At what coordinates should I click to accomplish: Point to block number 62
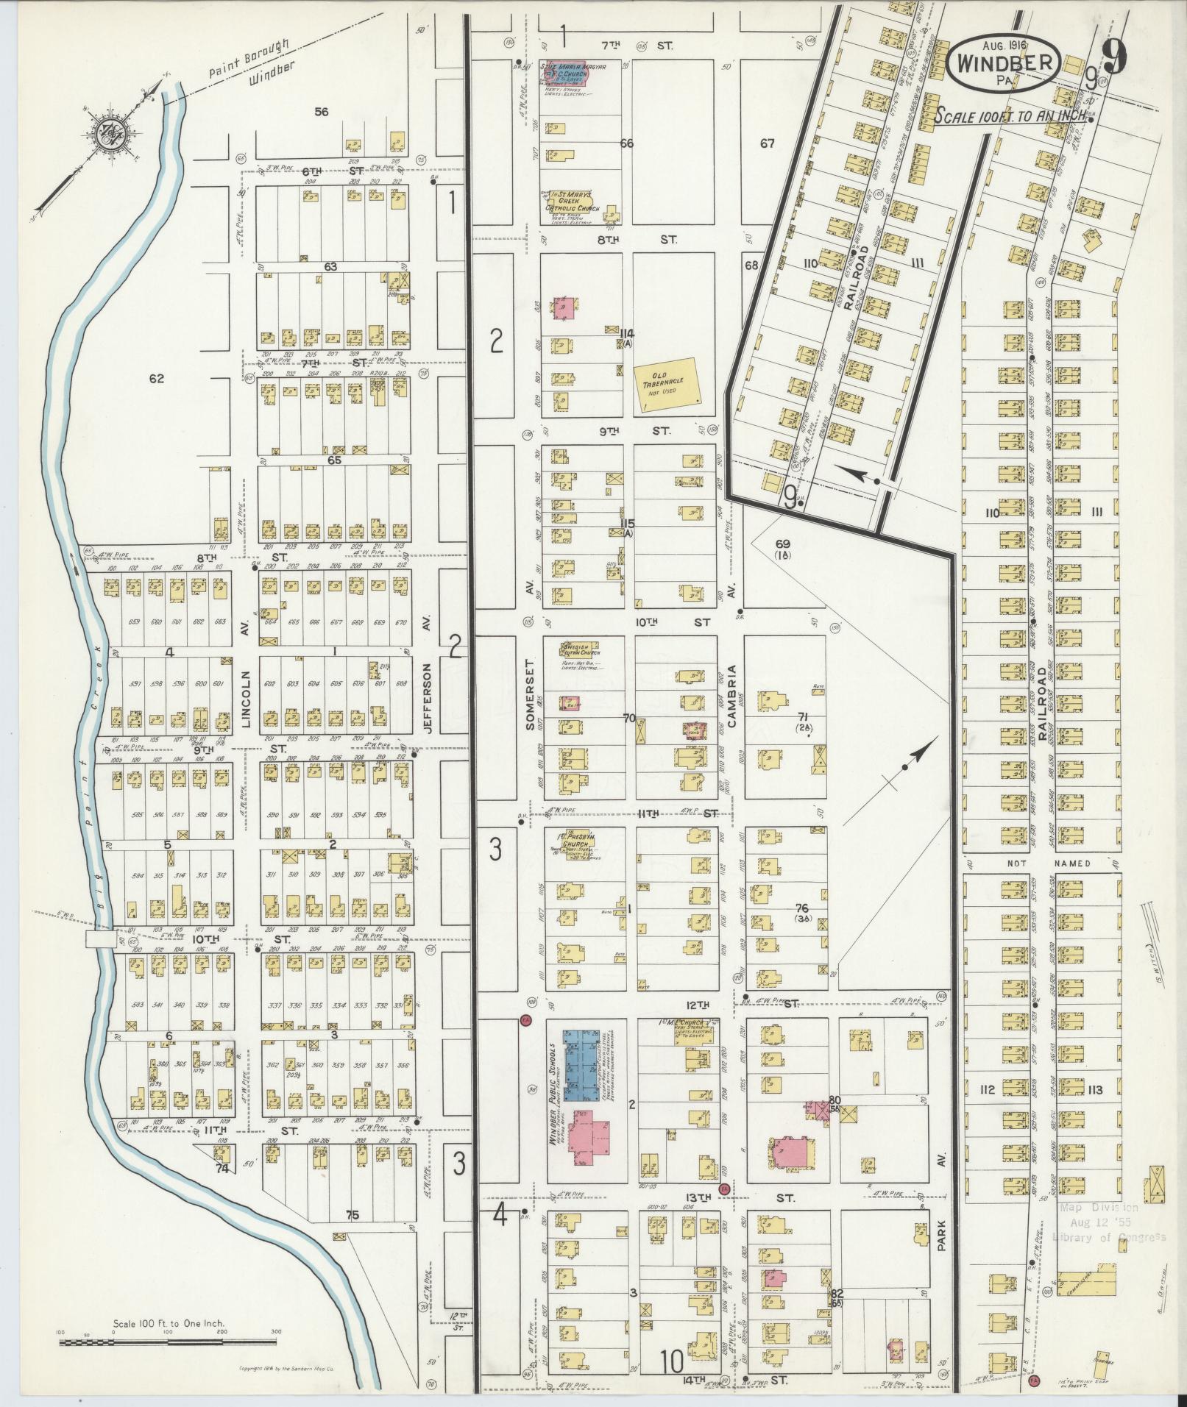click(156, 379)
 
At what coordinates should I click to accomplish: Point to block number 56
click(321, 112)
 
